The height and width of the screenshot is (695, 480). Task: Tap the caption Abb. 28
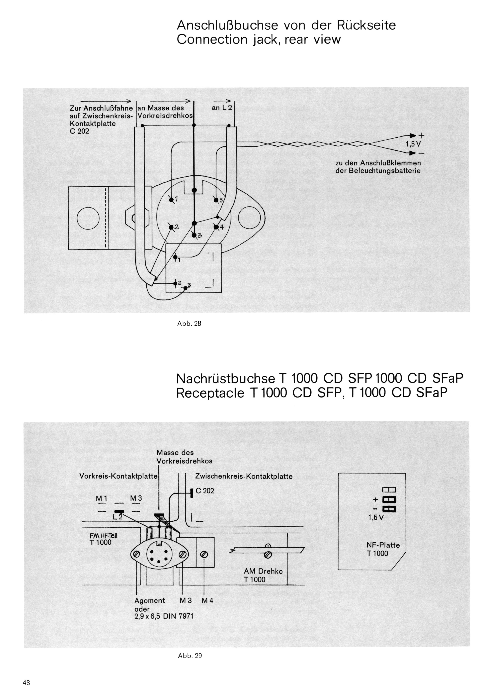[189, 323]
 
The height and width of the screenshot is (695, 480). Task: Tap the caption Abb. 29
[190, 656]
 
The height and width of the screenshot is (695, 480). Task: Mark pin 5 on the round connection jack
[216, 199]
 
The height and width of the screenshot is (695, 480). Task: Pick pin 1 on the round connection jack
[171, 199]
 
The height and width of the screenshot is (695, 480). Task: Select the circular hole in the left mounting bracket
[88, 218]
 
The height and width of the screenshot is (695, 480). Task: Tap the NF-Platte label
[383, 545]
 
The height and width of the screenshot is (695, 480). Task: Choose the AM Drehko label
[263, 571]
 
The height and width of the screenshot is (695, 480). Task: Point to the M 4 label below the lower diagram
[207, 601]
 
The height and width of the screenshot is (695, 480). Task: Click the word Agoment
[149, 601]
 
